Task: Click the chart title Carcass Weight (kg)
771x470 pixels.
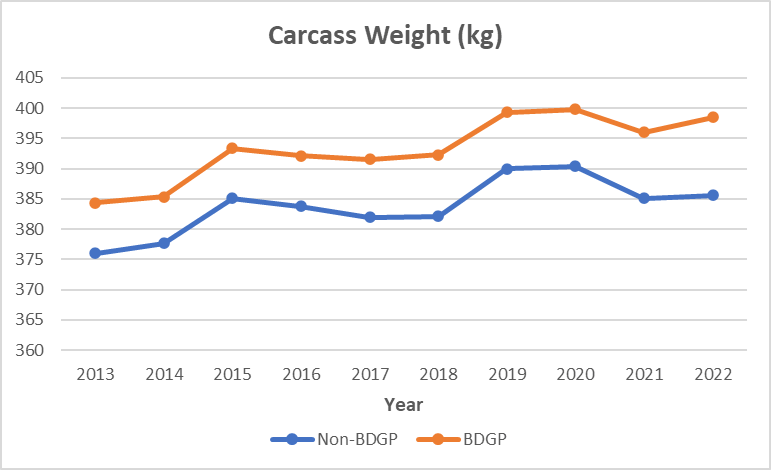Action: point(385,37)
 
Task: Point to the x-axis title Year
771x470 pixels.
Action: point(403,405)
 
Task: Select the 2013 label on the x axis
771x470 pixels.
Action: point(96,374)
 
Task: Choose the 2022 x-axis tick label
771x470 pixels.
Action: point(713,374)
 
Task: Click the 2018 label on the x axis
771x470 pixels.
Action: point(438,374)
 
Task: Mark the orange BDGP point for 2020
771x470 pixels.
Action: point(576,109)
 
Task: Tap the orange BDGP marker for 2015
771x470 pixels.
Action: point(233,148)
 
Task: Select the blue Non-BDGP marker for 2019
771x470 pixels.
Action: point(507,169)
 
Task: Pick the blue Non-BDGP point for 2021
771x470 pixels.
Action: point(644,198)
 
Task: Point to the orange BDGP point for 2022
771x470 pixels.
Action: point(713,117)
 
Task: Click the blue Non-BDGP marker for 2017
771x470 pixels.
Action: point(370,217)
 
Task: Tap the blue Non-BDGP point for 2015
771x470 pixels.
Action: point(233,198)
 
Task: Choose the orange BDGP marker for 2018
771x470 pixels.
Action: point(438,154)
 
